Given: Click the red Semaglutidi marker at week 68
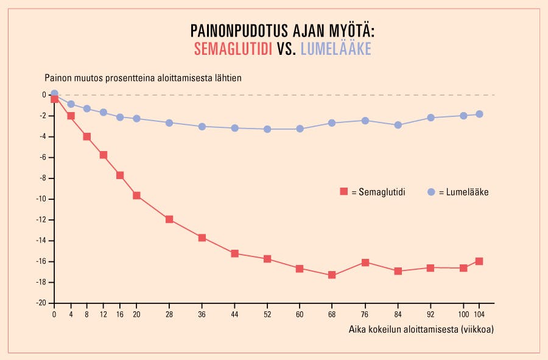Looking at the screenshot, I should coord(332,275).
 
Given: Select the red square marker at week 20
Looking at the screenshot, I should coord(136,196).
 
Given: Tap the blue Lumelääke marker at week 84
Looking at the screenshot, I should coord(398,125).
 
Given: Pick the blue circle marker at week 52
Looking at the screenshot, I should coord(267,129).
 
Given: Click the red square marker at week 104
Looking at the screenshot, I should coord(479,261).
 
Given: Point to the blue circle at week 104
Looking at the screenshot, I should coord(479,114).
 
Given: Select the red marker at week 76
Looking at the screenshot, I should coord(365,263).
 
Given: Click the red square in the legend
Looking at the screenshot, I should coord(344,191).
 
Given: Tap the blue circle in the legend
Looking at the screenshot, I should coord(431,191).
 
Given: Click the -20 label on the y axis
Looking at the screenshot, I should coord(42,303).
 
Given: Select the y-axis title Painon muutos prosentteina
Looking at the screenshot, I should coord(143,79).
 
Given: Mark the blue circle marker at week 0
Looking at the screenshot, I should coord(54,94).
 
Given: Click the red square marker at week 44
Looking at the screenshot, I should coord(234,253).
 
